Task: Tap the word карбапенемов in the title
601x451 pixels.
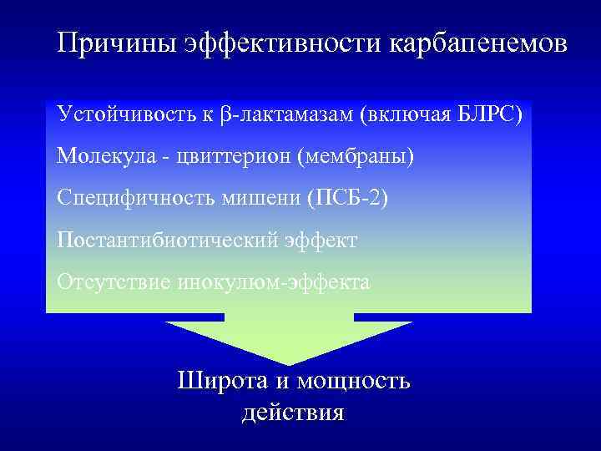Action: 477,44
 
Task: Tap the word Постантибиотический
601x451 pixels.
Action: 163,241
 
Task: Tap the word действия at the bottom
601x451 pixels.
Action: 293,413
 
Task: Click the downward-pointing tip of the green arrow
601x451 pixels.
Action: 290,362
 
